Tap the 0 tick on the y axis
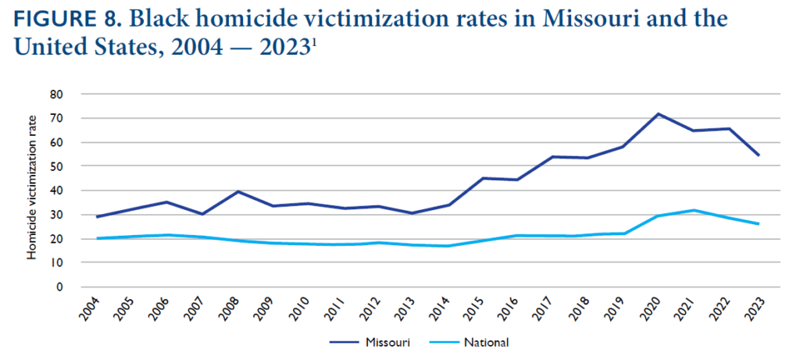(59, 287)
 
